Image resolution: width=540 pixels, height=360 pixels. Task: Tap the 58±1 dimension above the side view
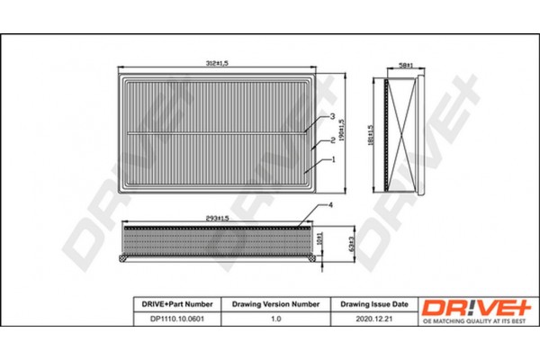[406, 66]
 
